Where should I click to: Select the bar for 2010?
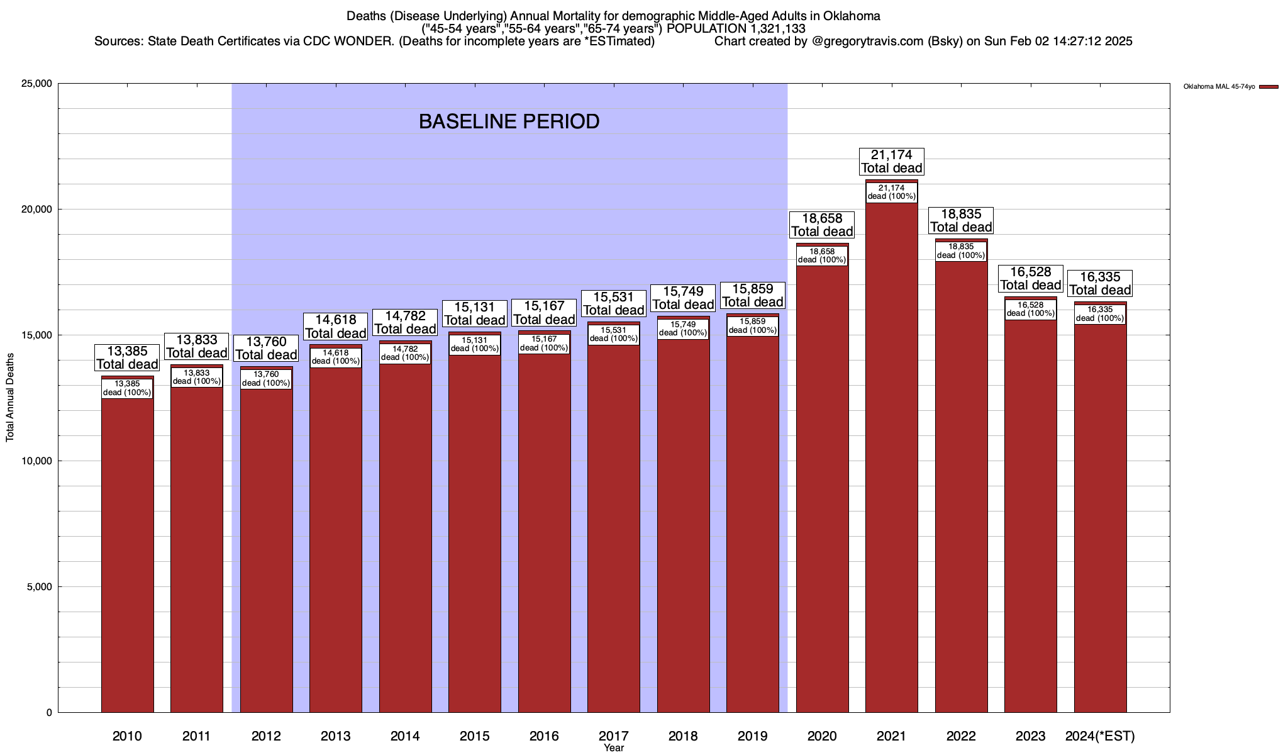click(127, 554)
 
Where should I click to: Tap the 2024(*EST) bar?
click(1100, 516)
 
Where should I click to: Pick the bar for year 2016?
click(544, 535)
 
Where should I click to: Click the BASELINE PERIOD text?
click(509, 121)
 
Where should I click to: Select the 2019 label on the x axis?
click(752, 736)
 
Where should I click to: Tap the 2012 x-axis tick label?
click(266, 736)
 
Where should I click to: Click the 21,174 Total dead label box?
click(891, 162)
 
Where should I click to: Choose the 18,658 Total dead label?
click(822, 225)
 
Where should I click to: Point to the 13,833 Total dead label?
click(196, 347)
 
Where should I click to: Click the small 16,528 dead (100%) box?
click(1030, 309)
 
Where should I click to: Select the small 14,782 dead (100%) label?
click(405, 353)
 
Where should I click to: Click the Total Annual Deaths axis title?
click(10, 396)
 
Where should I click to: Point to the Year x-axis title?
click(614, 748)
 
